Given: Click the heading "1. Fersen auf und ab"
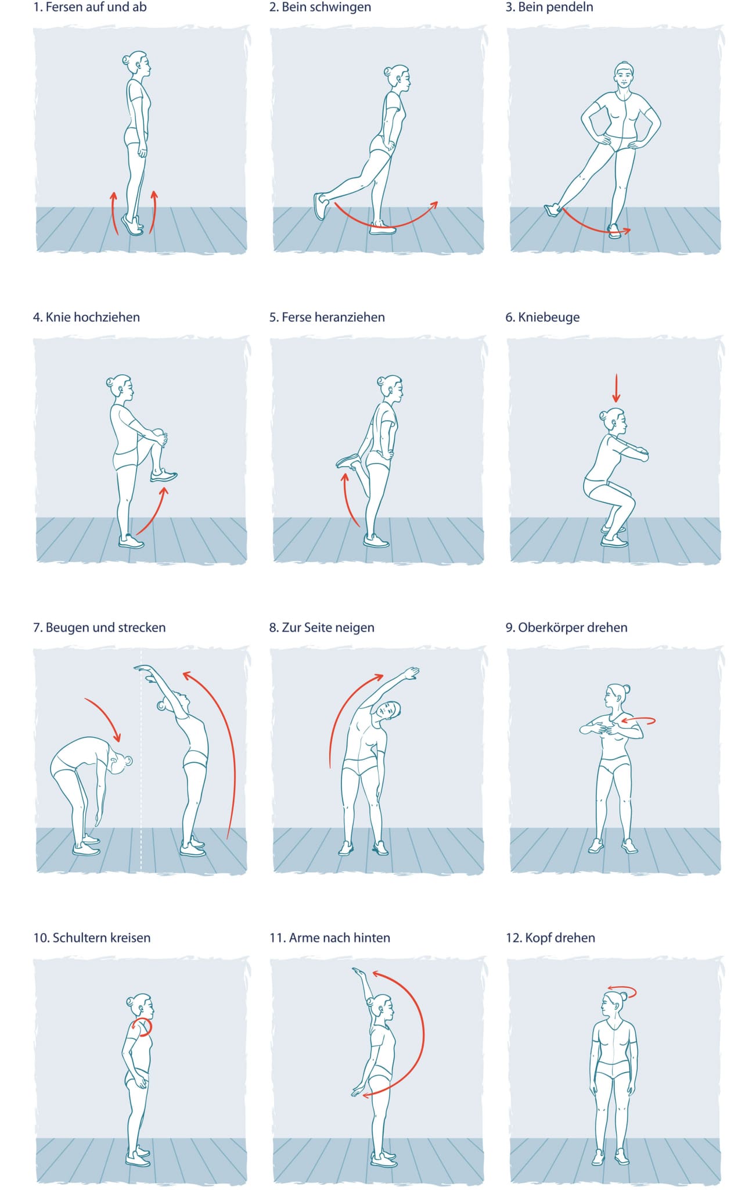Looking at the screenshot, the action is coord(90,8).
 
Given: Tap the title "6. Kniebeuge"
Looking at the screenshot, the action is coord(542,317).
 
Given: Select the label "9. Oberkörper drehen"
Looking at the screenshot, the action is coord(566,628).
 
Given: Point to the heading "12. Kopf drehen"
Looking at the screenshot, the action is coord(550,938).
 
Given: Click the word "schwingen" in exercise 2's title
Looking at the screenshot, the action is coord(341,8).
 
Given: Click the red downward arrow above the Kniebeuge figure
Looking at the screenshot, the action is coord(616,388).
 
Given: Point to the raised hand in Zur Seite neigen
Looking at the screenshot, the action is coord(411,673).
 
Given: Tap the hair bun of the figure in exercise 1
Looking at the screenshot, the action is coord(127,60).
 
